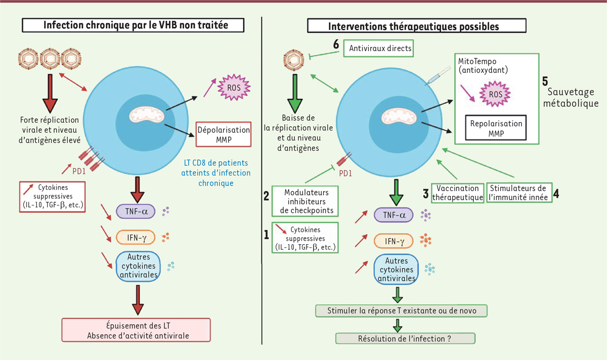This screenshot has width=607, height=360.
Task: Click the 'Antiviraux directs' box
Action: [x=377, y=50]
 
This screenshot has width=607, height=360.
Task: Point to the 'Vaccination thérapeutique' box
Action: [x=458, y=192]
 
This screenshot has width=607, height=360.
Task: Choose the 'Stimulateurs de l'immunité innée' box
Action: [x=519, y=192]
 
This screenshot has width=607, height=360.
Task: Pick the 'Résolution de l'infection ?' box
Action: [x=406, y=338]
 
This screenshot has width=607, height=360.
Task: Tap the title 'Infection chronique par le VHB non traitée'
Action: [x=137, y=25]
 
